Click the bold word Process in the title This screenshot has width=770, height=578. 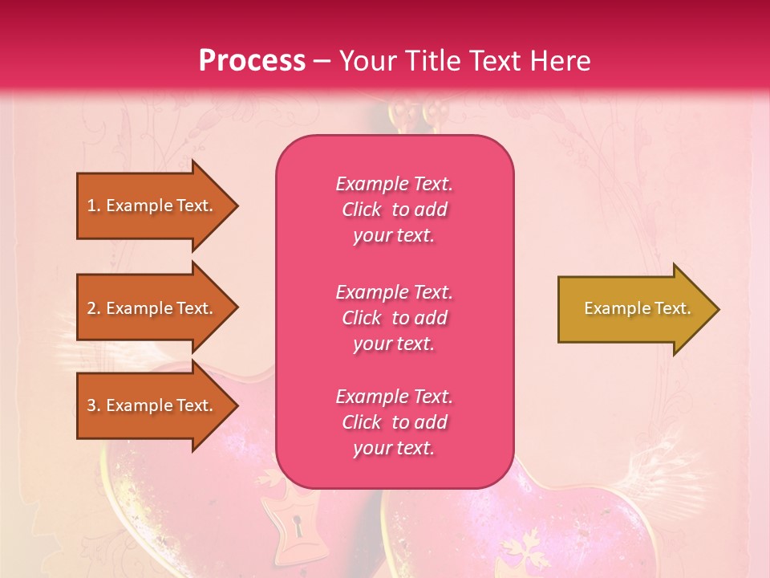pyautogui.click(x=252, y=61)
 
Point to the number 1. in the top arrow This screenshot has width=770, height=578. pyautogui.click(x=94, y=206)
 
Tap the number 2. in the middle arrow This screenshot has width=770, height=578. pyautogui.click(x=94, y=308)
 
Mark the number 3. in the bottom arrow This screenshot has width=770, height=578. pyautogui.click(x=94, y=405)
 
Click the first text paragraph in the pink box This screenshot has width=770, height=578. pyautogui.click(x=394, y=210)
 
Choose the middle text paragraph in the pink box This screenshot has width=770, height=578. pyautogui.click(x=394, y=318)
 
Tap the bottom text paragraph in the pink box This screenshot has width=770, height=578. pyautogui.click(x=394, y=422)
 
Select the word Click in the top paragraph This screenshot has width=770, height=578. pyautogui.click(x=361, y=210)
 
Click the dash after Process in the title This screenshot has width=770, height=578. pyautogui.click(x=322, y=61)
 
